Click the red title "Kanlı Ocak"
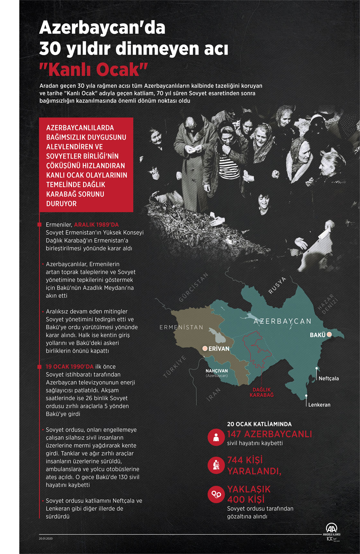point(93,69)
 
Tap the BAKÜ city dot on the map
point(329,335)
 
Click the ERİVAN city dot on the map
point(205,349)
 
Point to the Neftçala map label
point(328,378)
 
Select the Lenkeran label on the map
point(319,405)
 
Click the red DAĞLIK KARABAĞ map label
point(262,392)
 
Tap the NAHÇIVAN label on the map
point(217,371)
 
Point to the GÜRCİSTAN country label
point(194,287)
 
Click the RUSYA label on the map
point(277,285)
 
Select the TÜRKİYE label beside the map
point(175,367)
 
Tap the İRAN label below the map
point(214,395)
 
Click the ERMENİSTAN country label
point(181,327)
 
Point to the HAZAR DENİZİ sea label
point(328,304)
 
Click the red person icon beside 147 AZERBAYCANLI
point(216,437)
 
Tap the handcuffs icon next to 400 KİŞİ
point(216,494)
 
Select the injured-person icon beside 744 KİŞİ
point(216,465)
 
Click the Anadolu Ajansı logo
point(331,529)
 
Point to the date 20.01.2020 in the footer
point(46,538)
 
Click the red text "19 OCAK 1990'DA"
point(69,367)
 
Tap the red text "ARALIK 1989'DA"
point(96,225)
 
